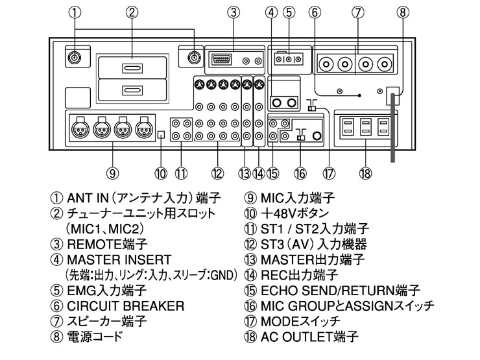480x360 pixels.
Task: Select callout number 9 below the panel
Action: (112, 173)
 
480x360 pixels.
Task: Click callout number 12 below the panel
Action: (217, 173)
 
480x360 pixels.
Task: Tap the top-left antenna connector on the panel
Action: (75, 58)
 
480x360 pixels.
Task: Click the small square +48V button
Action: (162, 135)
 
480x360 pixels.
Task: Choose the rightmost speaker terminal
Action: (387, 64)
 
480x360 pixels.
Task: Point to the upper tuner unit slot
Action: (132, 69)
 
